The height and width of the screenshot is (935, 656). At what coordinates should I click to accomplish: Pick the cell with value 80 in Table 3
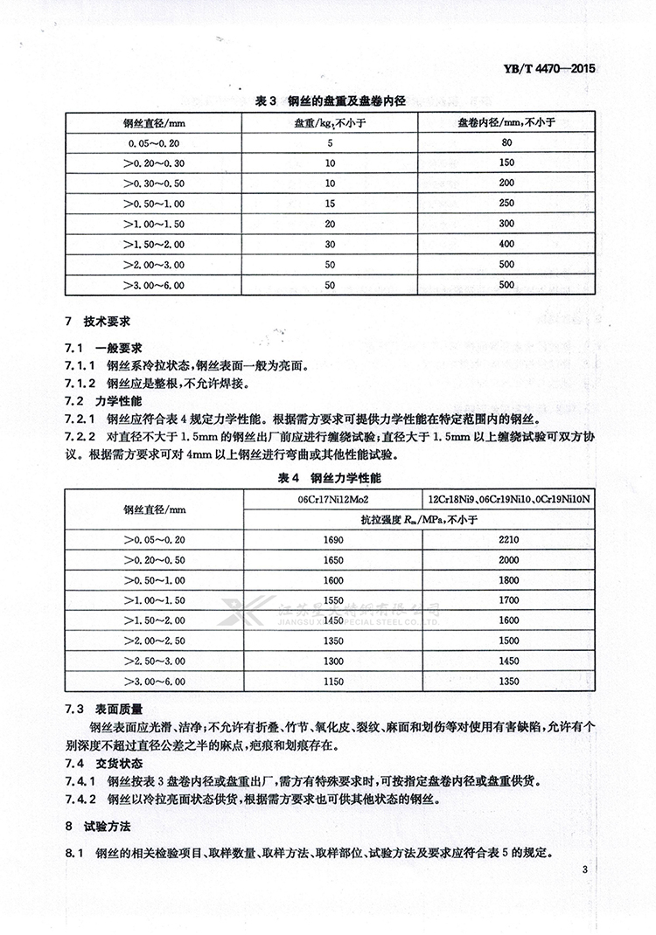click(506, 142)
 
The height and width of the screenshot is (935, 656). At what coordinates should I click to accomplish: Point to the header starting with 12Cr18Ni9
click(508, 499)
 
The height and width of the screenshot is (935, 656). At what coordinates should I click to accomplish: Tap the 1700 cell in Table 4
click(508, 600)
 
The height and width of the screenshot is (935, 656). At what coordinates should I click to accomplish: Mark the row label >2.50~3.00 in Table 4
click(156, 661)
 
